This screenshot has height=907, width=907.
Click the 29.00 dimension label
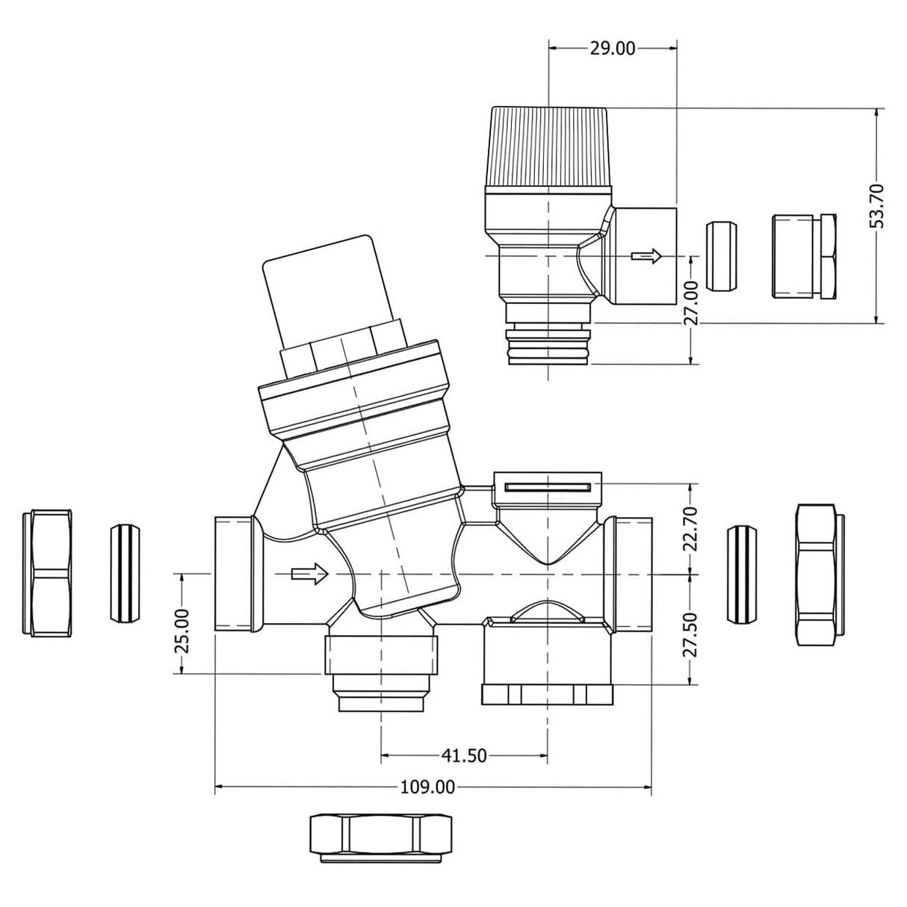point(612,49)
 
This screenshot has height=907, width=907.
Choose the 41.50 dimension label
point(463,755)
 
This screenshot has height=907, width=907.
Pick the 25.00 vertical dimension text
point(182,631)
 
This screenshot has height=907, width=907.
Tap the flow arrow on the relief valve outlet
point(646,256)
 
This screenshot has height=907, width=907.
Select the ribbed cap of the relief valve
point(548,147)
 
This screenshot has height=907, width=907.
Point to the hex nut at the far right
point(820,574)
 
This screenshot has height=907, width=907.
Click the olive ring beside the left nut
point(125,573)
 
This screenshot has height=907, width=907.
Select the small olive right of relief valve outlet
point(721,256)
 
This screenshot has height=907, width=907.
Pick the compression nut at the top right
point(803,256)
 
